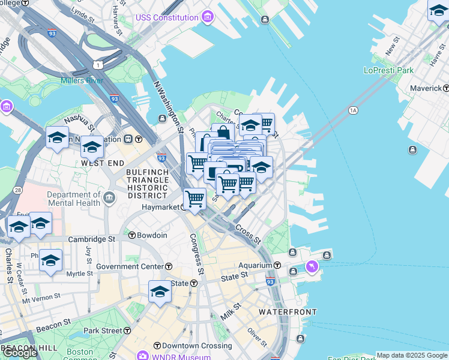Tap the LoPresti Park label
point(388,70)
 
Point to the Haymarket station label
point(161,207)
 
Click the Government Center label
point(130,266)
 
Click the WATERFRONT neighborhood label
point(283,313)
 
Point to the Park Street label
point(103,331)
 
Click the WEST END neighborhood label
point(103,163)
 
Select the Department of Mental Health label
point(73,199)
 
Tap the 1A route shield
point(353,110)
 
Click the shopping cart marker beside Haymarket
point(194,199)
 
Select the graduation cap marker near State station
point(160,292)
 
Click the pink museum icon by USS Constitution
point(207,16)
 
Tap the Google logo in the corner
point(20,353)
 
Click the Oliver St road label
point(258,337)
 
